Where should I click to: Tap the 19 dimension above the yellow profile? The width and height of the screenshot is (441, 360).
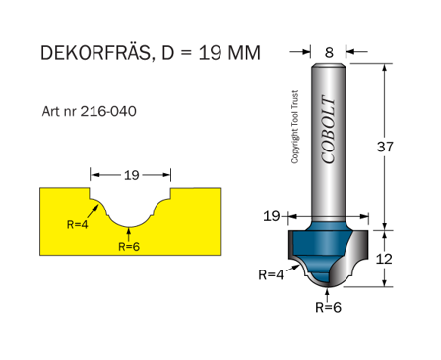click(x=131, y=175)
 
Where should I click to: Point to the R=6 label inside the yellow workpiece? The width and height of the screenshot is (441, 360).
click(x=130, y=247)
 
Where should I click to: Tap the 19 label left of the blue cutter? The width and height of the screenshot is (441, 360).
click(x=272, y=214)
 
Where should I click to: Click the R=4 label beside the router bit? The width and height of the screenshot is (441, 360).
click(x=271, y=274)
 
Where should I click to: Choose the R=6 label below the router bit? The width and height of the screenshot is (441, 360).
click(x=328, y=307)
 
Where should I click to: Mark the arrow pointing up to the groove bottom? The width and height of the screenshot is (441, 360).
click(x=131, y=232)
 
